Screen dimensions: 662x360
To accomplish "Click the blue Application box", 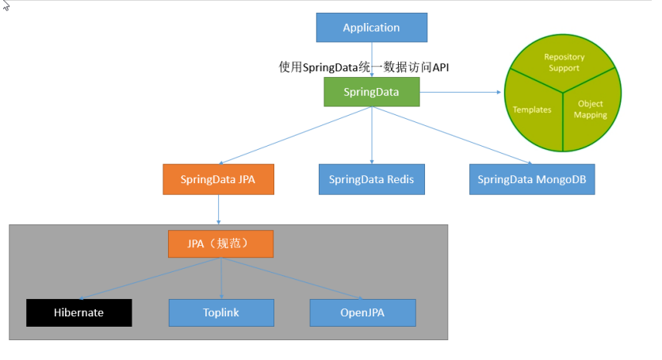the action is click(372, 28).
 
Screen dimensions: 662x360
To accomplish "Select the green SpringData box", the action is click(372, 92).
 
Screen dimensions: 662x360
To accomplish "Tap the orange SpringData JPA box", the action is click(218, 179).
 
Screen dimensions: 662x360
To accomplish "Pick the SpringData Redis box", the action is click(372, 179).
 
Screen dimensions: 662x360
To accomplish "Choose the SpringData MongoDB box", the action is click(532, 179).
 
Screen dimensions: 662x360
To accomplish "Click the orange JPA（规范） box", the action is click(221, 244).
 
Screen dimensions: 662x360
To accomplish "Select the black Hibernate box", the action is click(79, 312).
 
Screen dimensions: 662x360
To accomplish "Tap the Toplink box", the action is click(221, 312).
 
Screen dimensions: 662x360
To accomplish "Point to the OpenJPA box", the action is click(362, 312).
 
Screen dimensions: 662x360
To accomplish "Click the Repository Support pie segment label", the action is click(564, 63).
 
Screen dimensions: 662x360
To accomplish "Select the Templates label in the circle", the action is click(532, 109).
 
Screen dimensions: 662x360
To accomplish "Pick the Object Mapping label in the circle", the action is click(590, 109).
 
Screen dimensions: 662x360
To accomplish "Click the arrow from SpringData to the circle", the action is click(460, 92).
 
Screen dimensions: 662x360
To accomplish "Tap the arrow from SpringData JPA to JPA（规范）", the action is click(218, 209).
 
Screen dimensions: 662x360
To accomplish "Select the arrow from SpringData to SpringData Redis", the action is click(372, 135).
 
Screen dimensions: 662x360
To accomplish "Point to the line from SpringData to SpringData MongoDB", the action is click(452, 135).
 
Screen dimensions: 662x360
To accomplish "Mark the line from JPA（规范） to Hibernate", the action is click(150, 278).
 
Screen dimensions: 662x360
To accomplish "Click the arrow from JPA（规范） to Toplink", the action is click(221, 278).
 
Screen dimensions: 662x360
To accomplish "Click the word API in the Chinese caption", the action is click(440, 67).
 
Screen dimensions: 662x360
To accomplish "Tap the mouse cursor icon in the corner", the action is click(6, 6).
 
